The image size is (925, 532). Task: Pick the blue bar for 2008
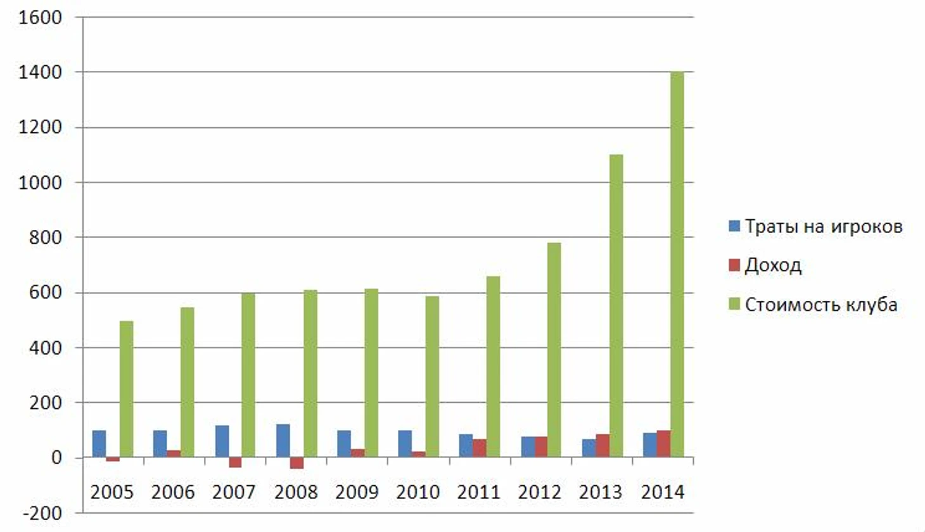pyautogui.click(x=283, y=441)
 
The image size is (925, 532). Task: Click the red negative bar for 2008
pyautogui.click(x=297, y=463)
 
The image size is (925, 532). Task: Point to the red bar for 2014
pyautogui.click(x=663, y=444)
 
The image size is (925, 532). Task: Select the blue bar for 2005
pyautogui.click(x=99, y=444)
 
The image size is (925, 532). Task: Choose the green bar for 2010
pyautogui.click(x=432, y=376)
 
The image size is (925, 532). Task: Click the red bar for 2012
pyautogui.click(x=541, y=446)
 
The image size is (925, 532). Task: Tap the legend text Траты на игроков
pyautogui.click(x=823, y=226)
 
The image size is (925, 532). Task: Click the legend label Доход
pyautogui.click(x=773, y=265)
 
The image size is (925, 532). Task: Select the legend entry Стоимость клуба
pyautogui.click(x=820, y=304)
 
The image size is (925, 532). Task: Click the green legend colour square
pyautogui.click(x=734, y=304)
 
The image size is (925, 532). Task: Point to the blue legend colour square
pyautogui.click(x=734, y=225)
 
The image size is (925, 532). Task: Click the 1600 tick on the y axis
pyautogui.click(x=41, y=18)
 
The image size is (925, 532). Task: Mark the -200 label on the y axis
pyautogui.click(x=42, y=513)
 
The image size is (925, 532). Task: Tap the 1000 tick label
pyautogui.click(x=41, y=182)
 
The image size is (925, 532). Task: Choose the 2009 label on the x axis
pyautogui.click(x=357, y=492)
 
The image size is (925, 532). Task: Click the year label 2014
pyautogui.click(x=663, y=492)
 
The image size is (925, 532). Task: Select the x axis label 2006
pyautogui.click(x=173, y=492)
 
